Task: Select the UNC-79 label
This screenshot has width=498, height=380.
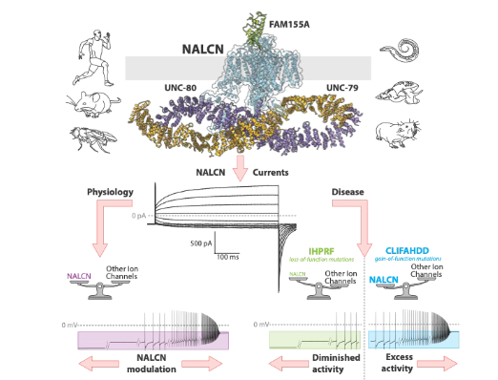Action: pos(342,89)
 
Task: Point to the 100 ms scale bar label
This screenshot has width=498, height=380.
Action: pos(228,257)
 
